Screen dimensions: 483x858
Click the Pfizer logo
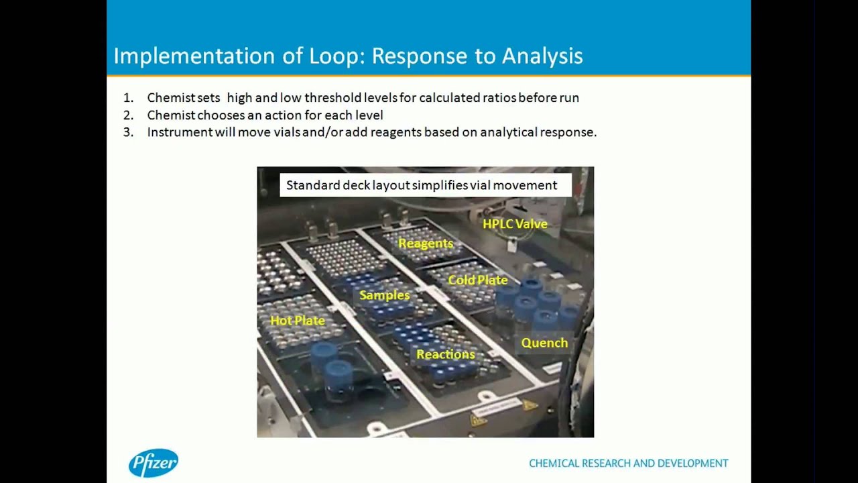(x=154, y=463)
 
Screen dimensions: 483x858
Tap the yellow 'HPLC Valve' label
(x=515, y=224)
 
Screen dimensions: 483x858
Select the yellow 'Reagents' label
(x=426, y=244)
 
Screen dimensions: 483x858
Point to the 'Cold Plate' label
(x=477, y=280)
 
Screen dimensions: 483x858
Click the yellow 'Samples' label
(x=384, y=295)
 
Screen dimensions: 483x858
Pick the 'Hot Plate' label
(x=297, y=321)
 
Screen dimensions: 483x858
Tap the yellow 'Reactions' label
(x=445, y=354)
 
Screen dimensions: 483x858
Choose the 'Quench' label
(x=544, y=343)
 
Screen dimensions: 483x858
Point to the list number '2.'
(x=128, y=115)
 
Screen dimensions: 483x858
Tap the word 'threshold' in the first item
(x=330, y=98)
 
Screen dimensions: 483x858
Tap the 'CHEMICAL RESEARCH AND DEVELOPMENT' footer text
(x=628, y=464)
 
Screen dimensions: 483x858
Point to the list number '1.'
(x=128, y=98)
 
